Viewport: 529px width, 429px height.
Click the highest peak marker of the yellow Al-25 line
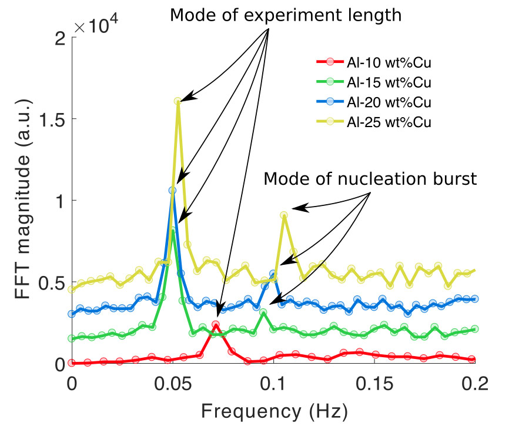click(178, 101)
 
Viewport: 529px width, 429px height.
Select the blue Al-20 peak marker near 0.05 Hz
click(172, 190)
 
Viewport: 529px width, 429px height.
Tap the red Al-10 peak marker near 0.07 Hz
click(216, 324)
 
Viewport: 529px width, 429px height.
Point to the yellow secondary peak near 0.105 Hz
click(284, 215)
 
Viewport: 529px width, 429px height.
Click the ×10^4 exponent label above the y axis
click(98, 26)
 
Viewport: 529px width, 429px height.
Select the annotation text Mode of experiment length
click(286, 15)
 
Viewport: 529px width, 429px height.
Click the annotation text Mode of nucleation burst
click(370, 179)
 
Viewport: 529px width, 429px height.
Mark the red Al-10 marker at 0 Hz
click(72, 363)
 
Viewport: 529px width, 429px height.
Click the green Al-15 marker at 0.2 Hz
click(474, 329)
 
